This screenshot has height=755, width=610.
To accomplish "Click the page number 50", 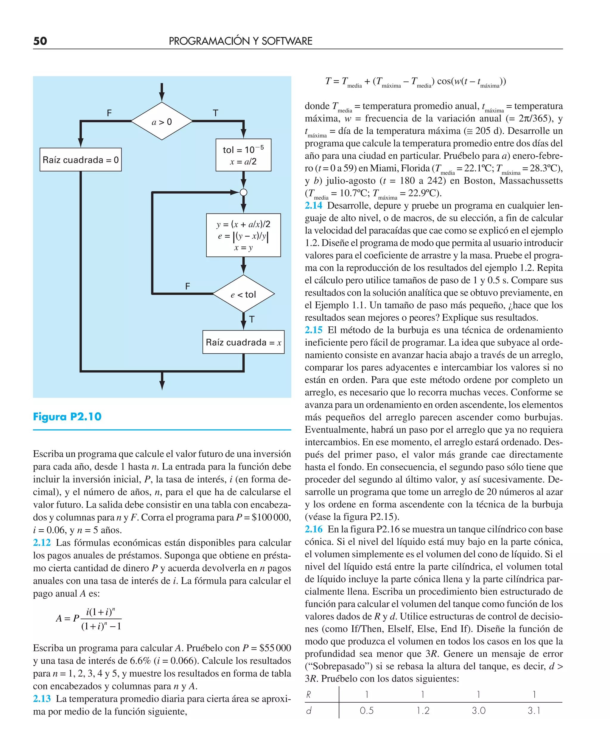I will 40,41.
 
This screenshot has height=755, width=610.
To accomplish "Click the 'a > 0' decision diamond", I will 162,121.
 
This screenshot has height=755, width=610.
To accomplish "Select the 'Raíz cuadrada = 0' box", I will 80,160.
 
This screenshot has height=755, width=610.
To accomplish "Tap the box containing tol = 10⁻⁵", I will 243,155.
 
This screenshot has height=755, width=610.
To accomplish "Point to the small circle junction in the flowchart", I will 243,192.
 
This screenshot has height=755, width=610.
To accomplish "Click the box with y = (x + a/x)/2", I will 243,235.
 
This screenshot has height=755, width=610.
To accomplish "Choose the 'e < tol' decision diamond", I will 243,294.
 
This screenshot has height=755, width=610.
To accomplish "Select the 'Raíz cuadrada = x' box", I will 243,342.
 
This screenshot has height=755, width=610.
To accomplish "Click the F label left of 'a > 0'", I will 109,113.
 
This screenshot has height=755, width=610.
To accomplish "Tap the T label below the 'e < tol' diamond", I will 252,319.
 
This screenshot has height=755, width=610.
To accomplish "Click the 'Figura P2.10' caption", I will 67,417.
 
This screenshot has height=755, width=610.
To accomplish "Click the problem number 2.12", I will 42,542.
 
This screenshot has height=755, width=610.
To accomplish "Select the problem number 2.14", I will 313,205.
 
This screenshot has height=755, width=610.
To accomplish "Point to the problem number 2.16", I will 313,529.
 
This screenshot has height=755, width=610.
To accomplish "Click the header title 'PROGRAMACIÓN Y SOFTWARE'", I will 240,41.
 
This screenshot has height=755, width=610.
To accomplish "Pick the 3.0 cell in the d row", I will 479,710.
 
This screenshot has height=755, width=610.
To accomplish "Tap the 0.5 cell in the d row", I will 366,710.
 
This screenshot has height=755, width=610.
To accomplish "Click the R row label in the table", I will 309,694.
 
